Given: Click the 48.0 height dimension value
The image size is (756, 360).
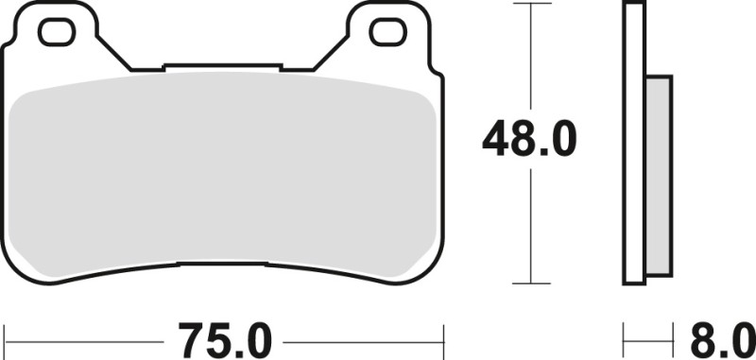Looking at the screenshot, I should pos(528,142).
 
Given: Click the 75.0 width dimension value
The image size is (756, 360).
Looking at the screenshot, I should pos(223,337).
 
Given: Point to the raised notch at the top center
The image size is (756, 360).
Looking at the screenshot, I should pos(223,66).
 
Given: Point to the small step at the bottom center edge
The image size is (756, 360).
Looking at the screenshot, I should pos(223,264).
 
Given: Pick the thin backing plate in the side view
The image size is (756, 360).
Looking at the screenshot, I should pos(634,142).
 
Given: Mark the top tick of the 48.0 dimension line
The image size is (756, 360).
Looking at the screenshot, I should pos(534,4).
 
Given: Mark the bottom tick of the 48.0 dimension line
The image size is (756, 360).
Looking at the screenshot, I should pos(534,283).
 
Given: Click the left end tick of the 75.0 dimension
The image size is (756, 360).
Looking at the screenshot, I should pos(4,335).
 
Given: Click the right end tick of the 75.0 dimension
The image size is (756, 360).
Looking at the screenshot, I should pos(443,335).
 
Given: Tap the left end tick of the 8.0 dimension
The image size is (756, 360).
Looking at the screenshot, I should pos(625,335).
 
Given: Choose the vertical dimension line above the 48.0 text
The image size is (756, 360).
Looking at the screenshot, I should pos(534,57).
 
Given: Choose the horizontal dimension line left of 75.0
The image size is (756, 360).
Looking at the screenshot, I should pos(85,335).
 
